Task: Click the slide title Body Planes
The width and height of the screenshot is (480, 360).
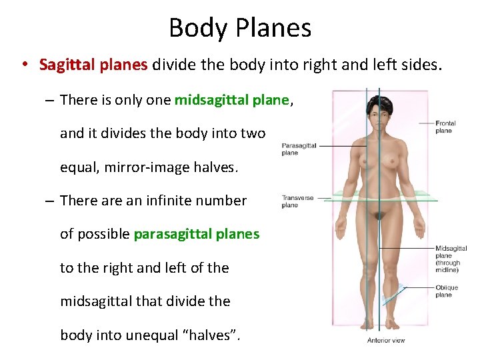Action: click(x=240, y=28)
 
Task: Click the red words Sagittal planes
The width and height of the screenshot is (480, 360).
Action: click(x=93, y=65)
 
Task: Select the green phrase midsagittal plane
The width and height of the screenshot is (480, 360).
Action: click(x=231, y=100)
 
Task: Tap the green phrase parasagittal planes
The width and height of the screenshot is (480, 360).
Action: click(x=196, y=234)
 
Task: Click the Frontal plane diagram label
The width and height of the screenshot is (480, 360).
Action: click(x=445, y=127)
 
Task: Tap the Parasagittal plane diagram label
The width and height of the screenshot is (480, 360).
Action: click(x=298, y=149)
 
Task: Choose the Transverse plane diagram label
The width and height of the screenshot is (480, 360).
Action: click(x=297, y=201)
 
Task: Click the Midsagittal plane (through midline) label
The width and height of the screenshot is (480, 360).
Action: click(x=451, y=259)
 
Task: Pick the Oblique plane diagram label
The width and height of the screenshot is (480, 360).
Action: click(x=447, y=291)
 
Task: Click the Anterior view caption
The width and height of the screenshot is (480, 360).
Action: click(x=386, y=341)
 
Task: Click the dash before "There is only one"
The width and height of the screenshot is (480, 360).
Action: click(x=50, y=101)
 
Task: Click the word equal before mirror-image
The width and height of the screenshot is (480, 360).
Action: click(x=77, y=167)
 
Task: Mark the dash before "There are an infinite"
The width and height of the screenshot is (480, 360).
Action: click(x=50, y=201)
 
